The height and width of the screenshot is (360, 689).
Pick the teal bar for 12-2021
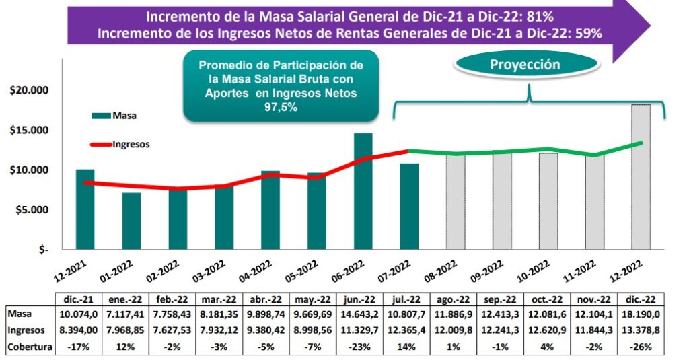(x=85, y=209)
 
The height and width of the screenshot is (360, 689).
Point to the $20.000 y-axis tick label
(x=29, y=90)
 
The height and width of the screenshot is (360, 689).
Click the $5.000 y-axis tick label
(x=32, y=209)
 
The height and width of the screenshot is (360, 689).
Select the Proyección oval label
(x=525, y=65)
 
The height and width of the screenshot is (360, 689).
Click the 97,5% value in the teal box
(x=281, y=107)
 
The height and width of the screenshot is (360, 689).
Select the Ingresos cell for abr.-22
(x=268, y=330)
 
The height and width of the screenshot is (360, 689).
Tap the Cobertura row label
(x=29, y=346)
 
